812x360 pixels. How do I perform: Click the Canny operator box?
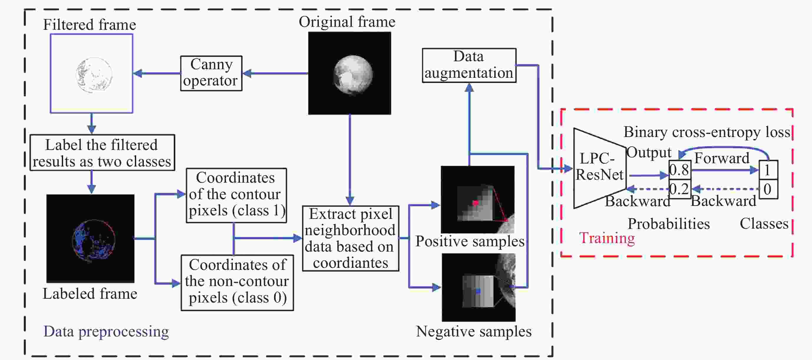click(211, 73)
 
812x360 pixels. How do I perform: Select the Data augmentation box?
click(469, 65)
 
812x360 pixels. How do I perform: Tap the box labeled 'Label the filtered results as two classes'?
click(102, 153)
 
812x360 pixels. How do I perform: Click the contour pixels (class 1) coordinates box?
click(236, 195)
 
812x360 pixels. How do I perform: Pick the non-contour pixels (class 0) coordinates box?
click(237, 283)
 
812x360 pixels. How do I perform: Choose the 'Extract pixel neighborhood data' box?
click(350, 238)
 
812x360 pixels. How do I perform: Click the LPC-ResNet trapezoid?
click(599, 168)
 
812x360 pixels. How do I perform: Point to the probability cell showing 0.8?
click(680, 170)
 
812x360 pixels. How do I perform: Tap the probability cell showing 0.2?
click(680, 189)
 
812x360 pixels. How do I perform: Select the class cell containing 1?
click(768, 170)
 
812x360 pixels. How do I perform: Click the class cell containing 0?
click(768, 189)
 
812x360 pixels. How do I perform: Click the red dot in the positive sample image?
click(475, 203)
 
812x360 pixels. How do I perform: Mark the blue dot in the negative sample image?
click(478, 291)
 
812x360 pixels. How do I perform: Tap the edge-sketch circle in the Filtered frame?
click(94, 75)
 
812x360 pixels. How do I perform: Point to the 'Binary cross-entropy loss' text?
click(707, 132)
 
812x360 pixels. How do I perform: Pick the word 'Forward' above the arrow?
click(722, 158)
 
